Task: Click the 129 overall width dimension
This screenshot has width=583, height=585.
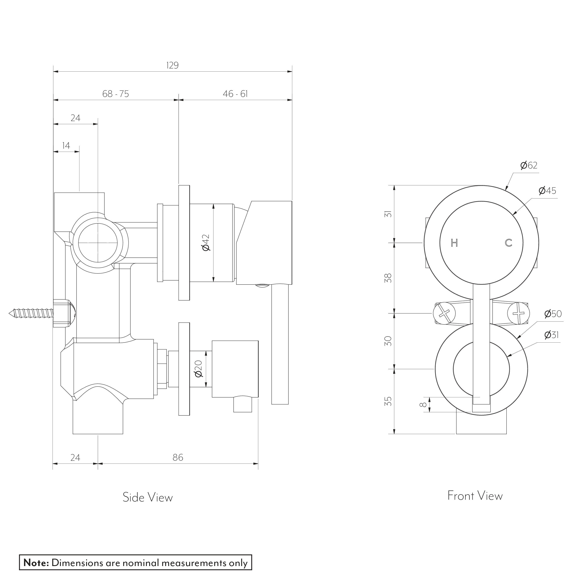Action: click(172, 65)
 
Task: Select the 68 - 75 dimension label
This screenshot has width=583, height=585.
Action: click(115, 94)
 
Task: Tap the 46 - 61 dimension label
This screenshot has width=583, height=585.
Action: click(235, 94)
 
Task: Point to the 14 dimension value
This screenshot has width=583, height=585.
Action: click(66, 146)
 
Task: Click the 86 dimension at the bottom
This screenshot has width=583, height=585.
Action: click(178, 458)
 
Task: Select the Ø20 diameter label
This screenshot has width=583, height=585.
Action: click(198, 369)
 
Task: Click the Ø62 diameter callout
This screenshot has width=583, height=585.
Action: click(529, 165)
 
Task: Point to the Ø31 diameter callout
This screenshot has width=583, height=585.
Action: click(551, 335)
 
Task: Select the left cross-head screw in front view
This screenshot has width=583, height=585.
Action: click(444, 313)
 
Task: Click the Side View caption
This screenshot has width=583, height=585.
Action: click(147, 497)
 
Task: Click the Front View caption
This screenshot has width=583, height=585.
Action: click(475, 496)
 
